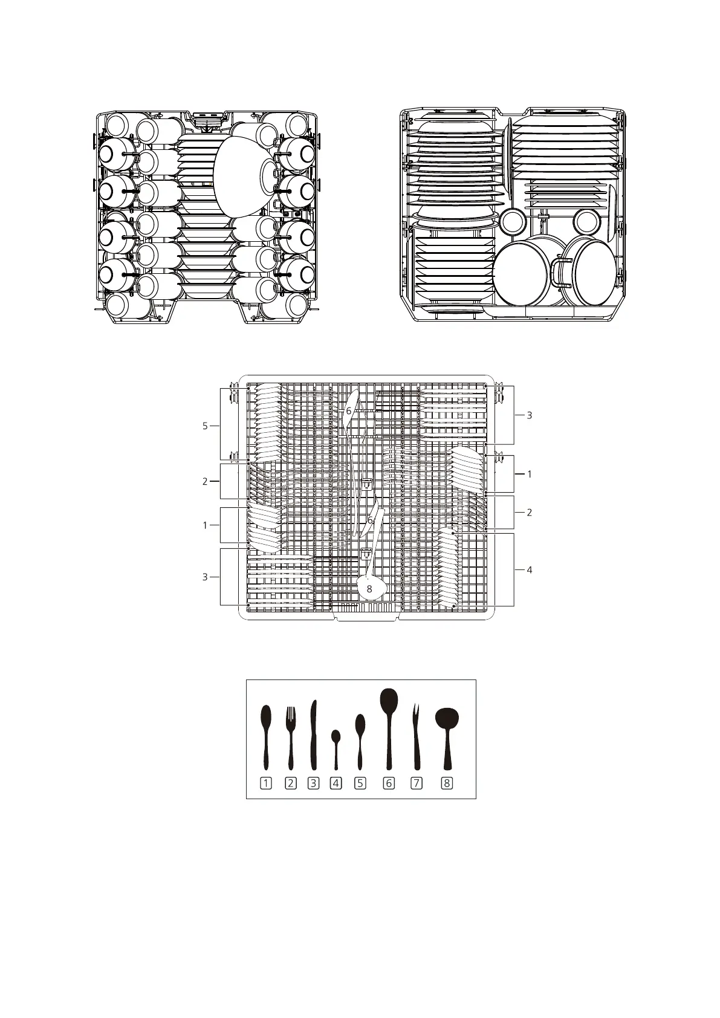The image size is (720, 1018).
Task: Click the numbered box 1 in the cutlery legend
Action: [266, 783]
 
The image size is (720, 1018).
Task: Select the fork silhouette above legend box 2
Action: [290, 738]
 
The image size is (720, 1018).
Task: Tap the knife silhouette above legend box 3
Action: [313, 735]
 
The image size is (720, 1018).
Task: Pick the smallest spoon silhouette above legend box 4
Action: [336, 750]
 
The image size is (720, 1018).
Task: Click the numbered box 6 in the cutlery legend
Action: [389, 783]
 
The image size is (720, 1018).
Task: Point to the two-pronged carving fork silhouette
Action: [416, 737]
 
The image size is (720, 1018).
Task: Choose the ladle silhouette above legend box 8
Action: [447, 739]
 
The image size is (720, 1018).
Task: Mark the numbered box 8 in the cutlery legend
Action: [447, 783]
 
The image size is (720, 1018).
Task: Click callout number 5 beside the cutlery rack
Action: [205, 426]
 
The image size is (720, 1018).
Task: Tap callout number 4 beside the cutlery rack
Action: [529, 570]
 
